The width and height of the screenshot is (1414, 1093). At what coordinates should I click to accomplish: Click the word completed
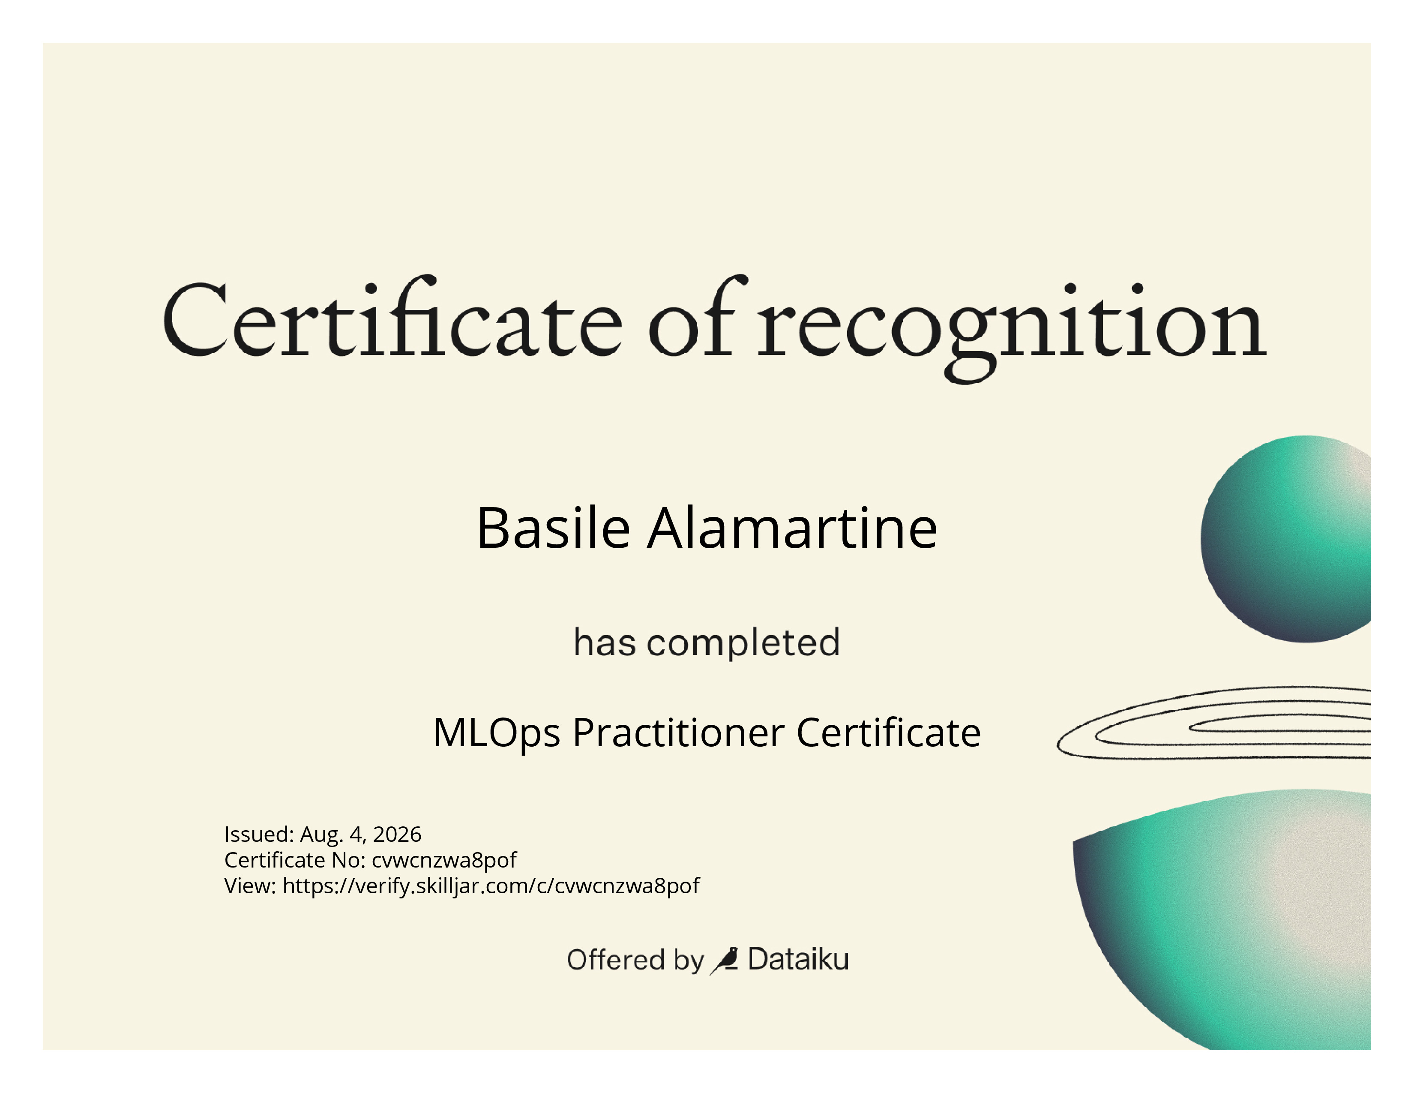[743, 643]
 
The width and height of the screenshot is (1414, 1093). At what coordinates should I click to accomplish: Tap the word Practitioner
[679, 733]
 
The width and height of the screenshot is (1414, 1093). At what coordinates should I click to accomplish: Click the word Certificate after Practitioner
[888, 733]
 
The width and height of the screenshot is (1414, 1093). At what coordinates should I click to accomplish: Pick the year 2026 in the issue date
[397, 834]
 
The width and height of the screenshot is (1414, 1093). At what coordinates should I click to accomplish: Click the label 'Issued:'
[259, 834]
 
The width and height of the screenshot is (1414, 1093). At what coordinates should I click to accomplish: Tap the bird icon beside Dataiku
[725, 960]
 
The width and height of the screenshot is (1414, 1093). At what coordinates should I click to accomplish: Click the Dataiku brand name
[798, 959]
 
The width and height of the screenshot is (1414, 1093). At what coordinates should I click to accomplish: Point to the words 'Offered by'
[635, 960]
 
